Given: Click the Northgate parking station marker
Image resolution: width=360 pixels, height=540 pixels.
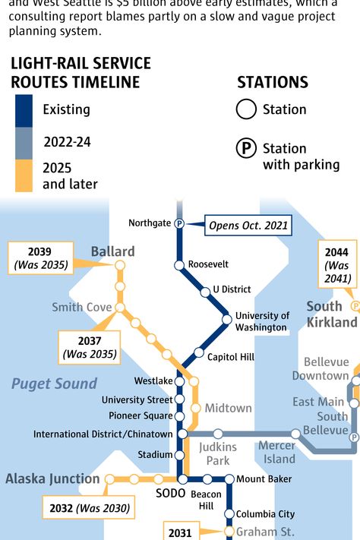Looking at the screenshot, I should coord(179,223).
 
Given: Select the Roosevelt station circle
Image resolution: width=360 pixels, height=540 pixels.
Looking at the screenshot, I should coord(179,265).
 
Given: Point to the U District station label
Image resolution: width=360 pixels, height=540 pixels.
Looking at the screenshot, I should coord(231,289).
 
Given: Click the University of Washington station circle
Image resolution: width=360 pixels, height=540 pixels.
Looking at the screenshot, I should coord(226,319).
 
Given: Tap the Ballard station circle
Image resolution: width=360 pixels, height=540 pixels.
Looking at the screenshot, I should coord(119,265).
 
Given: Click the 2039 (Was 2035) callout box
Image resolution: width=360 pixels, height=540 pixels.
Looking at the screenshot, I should coord(40,258).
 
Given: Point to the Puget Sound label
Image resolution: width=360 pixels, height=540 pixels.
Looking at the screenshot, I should coord(54,384).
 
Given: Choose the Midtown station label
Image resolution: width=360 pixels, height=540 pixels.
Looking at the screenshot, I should coord(228,408).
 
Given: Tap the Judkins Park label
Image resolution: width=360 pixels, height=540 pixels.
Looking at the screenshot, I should coord(218,453).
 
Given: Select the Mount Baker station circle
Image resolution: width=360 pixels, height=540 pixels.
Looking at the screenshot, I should coord(229,478).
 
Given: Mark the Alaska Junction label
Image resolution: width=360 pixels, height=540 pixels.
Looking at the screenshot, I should coord(52,478).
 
